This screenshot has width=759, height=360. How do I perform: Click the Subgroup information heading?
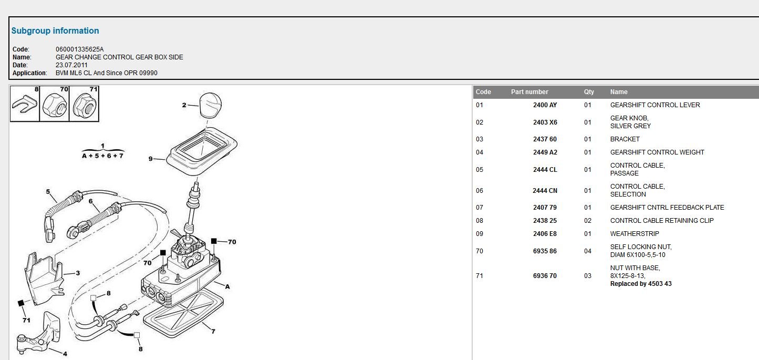55,31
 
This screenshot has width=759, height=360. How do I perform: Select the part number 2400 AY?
545,105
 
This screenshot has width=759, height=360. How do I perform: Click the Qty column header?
589,92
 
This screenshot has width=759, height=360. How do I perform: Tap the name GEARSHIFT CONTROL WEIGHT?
657,152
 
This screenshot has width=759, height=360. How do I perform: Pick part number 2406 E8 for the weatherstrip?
545,233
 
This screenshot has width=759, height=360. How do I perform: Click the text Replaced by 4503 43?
641,284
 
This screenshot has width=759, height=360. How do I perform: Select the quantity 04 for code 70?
588,251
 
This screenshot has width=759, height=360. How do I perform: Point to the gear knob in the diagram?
211,105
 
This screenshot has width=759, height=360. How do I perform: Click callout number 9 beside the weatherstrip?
150,159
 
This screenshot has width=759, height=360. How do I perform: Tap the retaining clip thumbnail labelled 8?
25,104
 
